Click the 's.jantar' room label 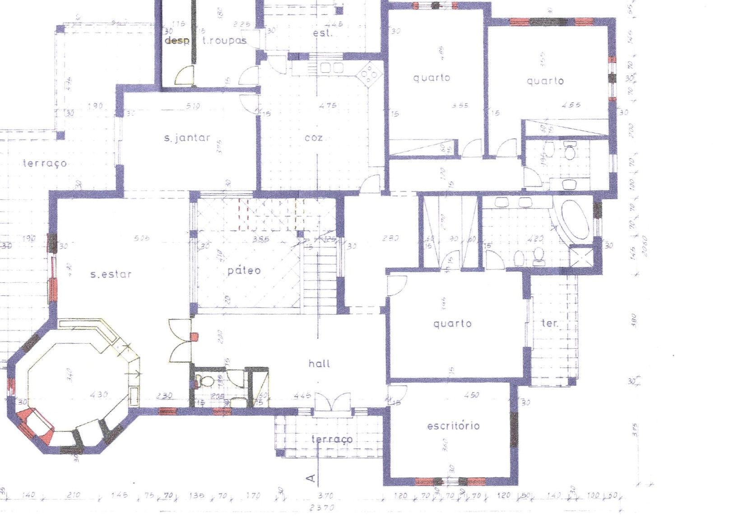[x=187, y=138]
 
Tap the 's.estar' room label [x=111, y=274]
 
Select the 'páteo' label [x=244, y=271]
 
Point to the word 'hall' [x=319, y=364]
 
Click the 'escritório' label [x=453, y=426]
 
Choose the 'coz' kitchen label [x=314, y=138]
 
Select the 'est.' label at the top [x=323, y=33]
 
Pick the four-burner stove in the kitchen [x=369, y=75]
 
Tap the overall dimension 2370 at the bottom [x=322, y=508]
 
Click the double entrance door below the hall [x=333, y=402]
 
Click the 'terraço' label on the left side [x=45, y=163]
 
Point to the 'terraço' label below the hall [x=332, y=439]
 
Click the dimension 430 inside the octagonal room [x=99, y=394]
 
